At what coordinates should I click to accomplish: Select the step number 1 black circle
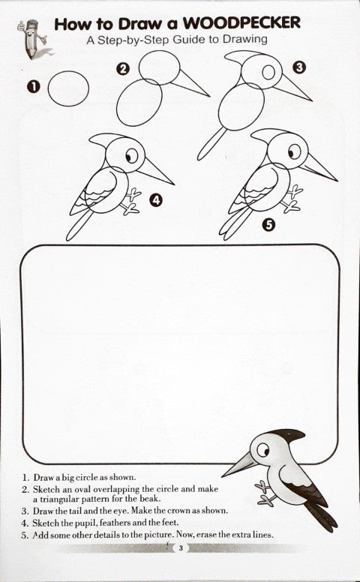(x=32, y=88)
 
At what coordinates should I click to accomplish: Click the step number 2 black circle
(x=124, y=70)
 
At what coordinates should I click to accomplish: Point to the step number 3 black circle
(x=298, y=67)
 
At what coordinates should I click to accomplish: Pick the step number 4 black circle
(x=156, y=199)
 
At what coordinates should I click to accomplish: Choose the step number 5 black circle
(x=268, y=223)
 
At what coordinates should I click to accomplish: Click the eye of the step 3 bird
(x=267, y=73)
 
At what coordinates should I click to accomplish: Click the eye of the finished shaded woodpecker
(x=262, y=451)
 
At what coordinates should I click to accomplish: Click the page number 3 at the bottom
(x=180, y=548)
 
